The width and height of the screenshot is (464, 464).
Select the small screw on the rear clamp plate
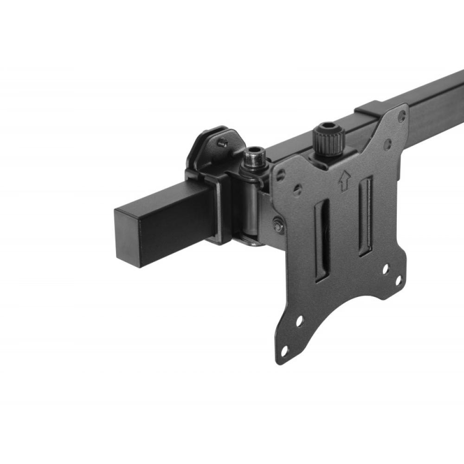[224, 143]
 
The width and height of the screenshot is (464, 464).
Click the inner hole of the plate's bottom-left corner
[300, 321]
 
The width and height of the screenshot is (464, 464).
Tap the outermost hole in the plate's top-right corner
[402, 114]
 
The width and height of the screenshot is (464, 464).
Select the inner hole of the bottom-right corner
[385, 268]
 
